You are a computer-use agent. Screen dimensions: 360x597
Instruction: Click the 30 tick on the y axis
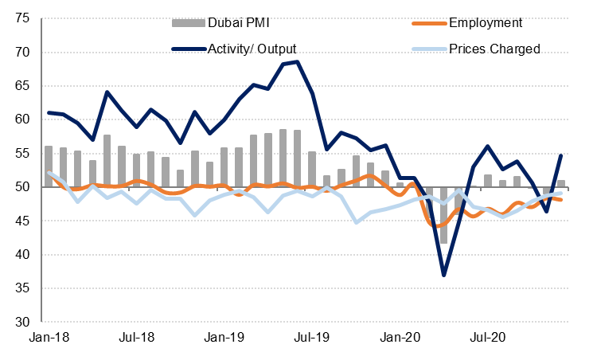(21, 323)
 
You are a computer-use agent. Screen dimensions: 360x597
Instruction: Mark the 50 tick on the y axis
(21, 187)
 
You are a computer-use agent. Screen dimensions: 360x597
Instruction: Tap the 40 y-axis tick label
(21, 255)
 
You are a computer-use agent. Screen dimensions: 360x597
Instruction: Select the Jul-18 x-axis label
(137, 338)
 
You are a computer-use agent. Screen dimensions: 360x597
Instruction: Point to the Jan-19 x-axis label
(225, 338)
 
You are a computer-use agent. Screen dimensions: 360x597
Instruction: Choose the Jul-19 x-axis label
(313, 338)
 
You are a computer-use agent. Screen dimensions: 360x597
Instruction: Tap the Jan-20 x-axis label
(401, 338)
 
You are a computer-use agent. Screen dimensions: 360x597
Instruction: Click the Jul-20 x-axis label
(489, 338)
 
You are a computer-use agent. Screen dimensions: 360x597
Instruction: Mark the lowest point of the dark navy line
(444, 275)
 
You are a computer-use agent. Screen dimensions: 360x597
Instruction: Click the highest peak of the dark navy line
(297, 61)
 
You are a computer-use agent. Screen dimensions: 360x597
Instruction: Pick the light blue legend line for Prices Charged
(426, 49)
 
